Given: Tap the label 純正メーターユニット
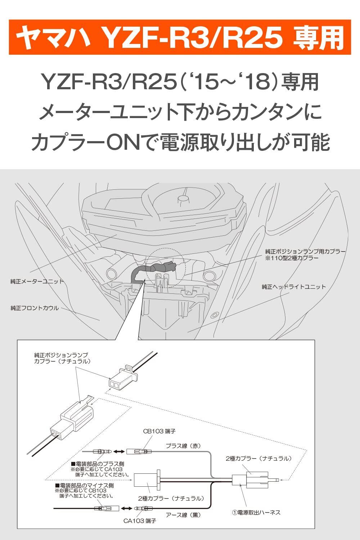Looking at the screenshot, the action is pyautogui.click(x=37, y=281).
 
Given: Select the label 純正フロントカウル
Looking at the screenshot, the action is pyautogui.click(x=35, y=308).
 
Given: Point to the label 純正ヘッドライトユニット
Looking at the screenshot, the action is pyautogui.click(x=294, y=287).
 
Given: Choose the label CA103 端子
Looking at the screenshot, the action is pyautogui.click(x=140, y=521).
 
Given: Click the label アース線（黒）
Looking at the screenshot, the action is pyautogui.click(x=183, y=515).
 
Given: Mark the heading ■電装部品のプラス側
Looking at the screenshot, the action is pyautogui.click(x=98, y=464).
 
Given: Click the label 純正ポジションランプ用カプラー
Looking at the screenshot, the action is pyautogui.click(x=305, y=251).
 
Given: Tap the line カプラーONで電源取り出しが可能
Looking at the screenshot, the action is pyautogui.click(x=180, y=142).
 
